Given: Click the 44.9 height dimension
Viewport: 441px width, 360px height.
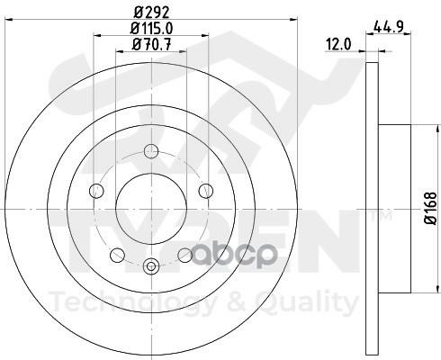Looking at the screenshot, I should [x=384, y=26].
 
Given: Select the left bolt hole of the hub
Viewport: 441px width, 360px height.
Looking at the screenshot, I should [x=97, y=188].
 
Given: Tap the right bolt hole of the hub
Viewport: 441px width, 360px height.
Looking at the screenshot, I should [x=205, y=188].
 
